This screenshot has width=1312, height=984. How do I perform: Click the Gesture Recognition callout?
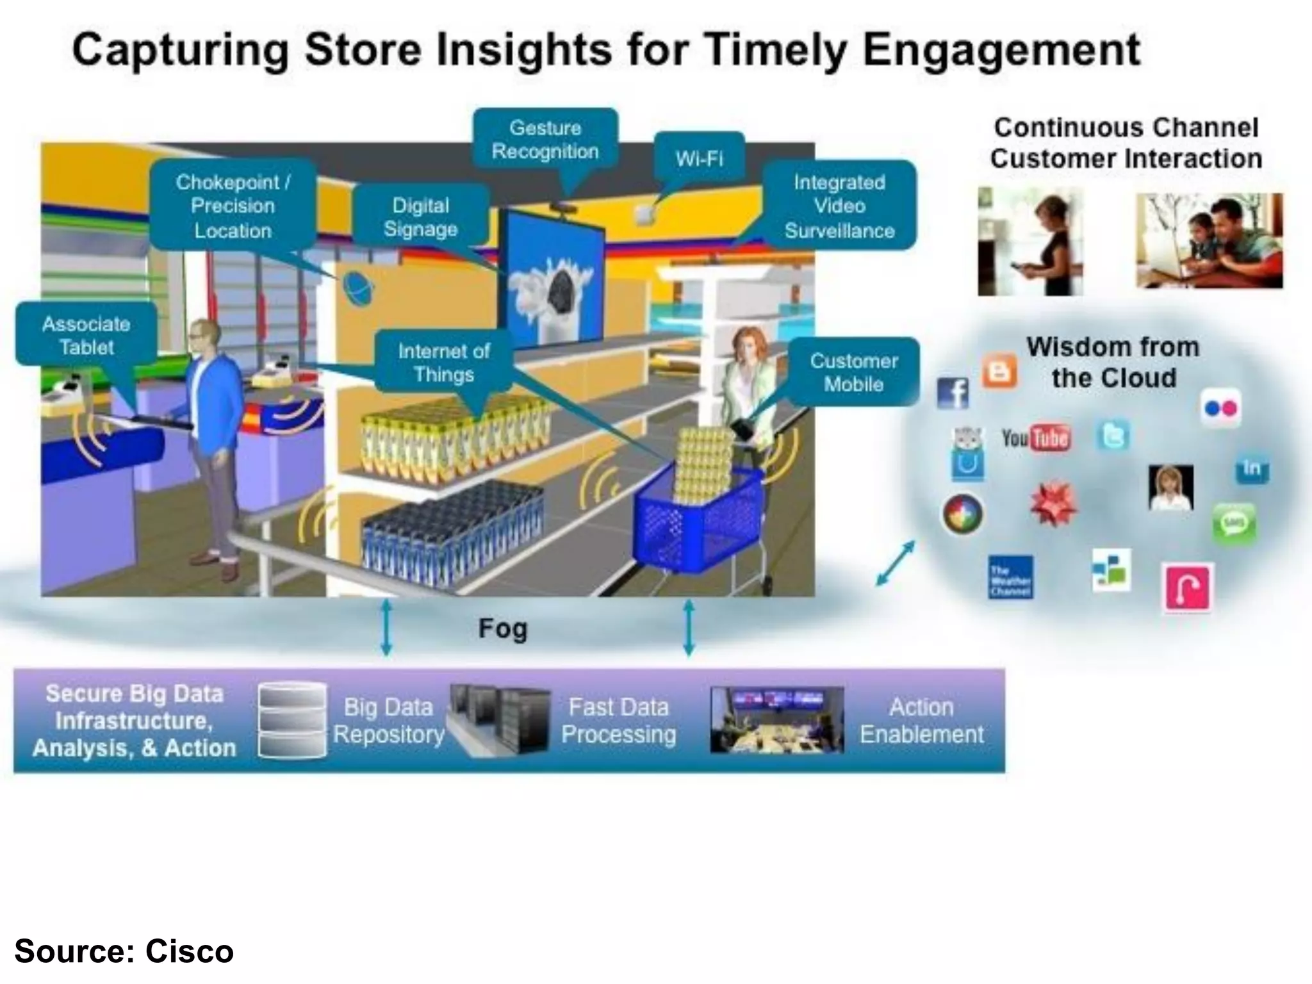pyautogui.click(x=545, y=140)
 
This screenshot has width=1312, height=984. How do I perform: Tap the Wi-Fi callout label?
pyautogui.click(x=699, y=158)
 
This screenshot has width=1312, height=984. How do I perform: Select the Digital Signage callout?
pyautogui.click(x=421, y=217)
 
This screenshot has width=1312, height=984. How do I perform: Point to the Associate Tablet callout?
pyautogui.click(x=86, y=335)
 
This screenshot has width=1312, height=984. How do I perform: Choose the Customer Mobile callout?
pyautogui.click(x=853, y=372)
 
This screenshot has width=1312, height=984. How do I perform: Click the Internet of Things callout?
pyautogui.click(x=443, y=362)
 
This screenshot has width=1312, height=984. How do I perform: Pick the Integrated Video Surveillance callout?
pyautogui.click(x=839, y=206)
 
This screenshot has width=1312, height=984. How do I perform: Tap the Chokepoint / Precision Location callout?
pyautogui.click(x=233, y=206)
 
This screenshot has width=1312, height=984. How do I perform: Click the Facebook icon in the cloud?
pyautogui.click(x=953, y=393)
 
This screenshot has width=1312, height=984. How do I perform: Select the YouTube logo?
pyautogui.click(x=1036, y=438)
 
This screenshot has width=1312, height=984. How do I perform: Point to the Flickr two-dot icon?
pyautogui.click(x=1221, y=408)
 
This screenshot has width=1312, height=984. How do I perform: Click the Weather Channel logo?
pyautogui.click(x=1010, y=577)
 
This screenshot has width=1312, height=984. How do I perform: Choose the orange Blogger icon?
pyautogui.click(x=999, y=371)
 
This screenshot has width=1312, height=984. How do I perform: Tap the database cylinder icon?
pyautogui.click(x=291, y=720)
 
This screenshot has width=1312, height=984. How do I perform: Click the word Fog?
pyautogui.click(x=503, y=628)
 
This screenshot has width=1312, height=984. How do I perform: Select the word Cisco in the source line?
pyautogui.click(x=189, y=951)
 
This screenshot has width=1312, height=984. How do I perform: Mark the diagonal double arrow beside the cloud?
pyautogui.click(x=895, y=563)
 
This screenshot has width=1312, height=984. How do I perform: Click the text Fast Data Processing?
pyautogui.click(x=618, y=721)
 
